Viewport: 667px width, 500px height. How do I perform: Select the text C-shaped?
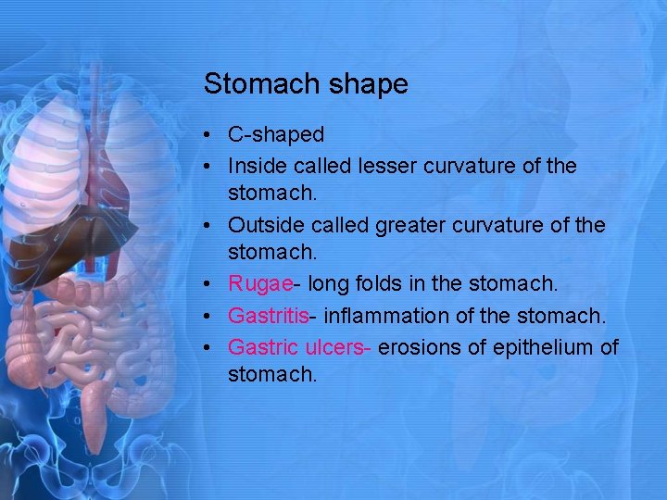276,135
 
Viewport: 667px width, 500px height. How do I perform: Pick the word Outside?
263,225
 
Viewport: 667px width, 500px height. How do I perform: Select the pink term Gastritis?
268,316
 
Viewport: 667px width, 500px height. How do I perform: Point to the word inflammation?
395,316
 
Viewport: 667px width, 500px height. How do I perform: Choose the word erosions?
421,346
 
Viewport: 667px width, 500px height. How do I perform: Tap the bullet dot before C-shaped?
211,135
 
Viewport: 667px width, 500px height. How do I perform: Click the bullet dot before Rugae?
211,285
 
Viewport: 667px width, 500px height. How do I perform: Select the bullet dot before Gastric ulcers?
211,346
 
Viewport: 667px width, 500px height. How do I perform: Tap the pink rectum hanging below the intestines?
94,407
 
